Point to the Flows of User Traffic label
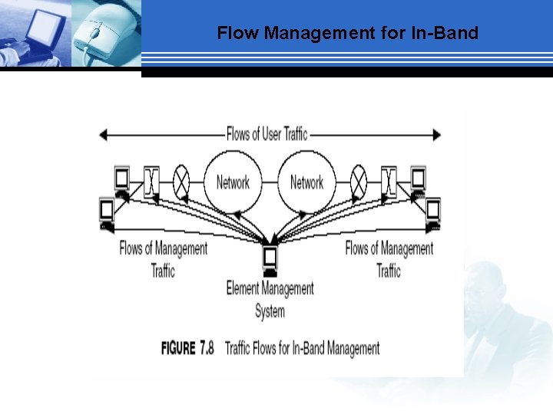pos(267,134)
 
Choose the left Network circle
pos(232,182)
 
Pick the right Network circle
pos(306,182)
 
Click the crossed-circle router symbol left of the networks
pos(182,180)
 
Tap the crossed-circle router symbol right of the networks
pos(359,181)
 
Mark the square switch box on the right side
pos(389,181)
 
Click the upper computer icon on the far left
pos(121,179)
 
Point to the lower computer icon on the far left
pos(107,211)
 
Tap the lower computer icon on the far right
pos(433,211)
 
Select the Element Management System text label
pos(270,299)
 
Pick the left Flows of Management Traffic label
pos(163,259)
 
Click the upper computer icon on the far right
pos(418,179)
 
